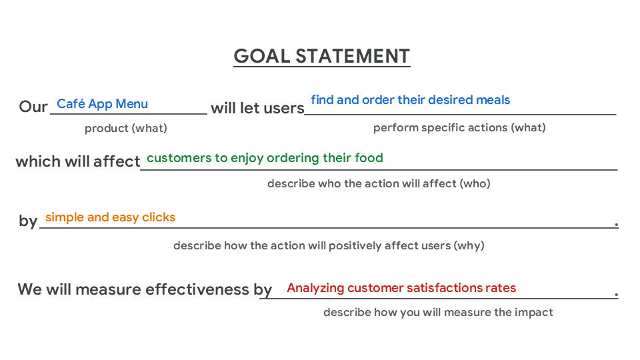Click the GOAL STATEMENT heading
321,56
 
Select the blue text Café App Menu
102,104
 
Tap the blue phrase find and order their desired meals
410,100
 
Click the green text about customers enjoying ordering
265,158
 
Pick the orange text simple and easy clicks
110,217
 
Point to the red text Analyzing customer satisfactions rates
401,288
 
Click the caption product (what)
125,128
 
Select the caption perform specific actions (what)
459,127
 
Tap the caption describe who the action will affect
379,183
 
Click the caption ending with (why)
329,245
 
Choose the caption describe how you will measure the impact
438,312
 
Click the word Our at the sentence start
33,107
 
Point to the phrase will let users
257,107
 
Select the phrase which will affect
77,161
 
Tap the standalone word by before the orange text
28,221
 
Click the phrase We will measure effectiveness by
145,289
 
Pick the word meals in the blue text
493,100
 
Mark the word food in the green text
369,158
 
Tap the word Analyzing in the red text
315,288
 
